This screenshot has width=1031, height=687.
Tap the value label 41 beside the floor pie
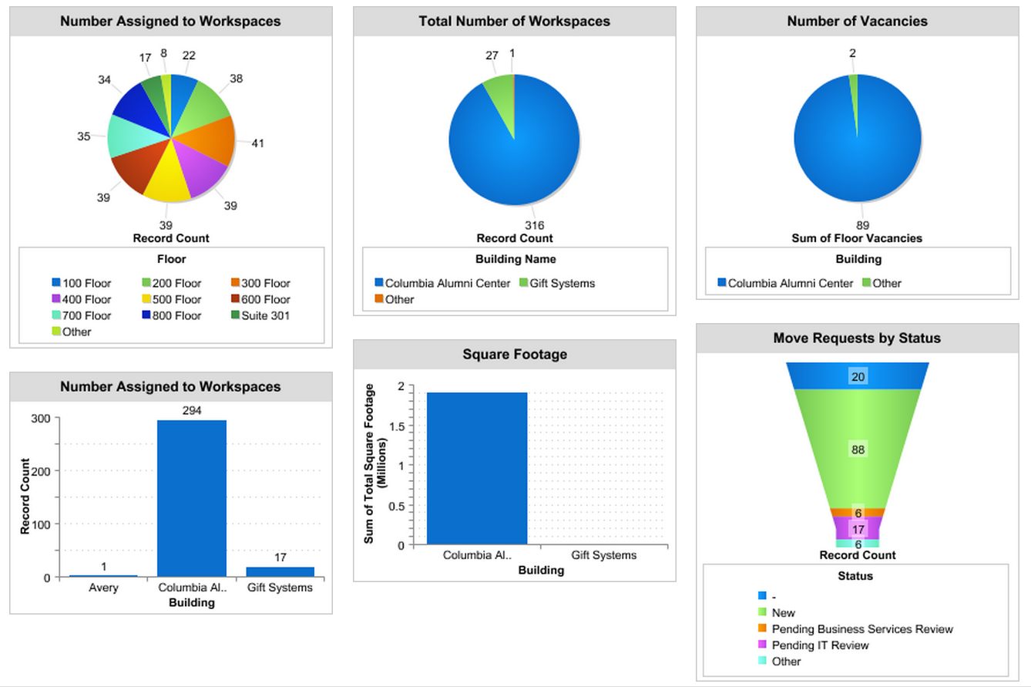click(257, 143)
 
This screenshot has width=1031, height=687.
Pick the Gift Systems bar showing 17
click(280, 571)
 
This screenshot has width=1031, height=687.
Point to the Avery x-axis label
click(103, 588)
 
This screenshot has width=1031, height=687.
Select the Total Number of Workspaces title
click(514, 22)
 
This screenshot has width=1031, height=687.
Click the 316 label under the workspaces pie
click(535, 225)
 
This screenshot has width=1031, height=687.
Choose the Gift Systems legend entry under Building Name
click(562, 283)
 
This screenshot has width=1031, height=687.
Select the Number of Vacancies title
click(857, 22)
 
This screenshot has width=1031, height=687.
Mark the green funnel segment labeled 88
click(857, 450)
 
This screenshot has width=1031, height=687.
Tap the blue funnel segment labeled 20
click(857, 376)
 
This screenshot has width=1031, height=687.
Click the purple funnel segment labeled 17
click(858, 529)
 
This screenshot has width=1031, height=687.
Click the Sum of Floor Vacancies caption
click(857, 238)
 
